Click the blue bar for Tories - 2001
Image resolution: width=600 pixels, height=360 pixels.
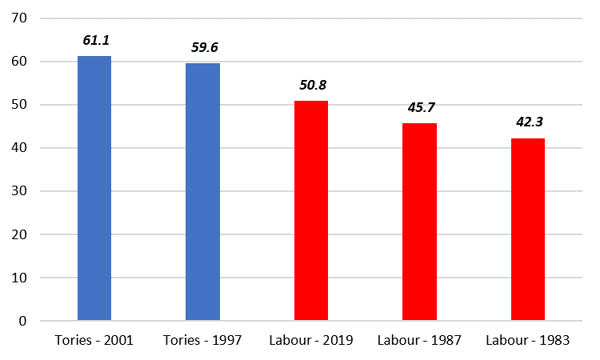coord(94,189)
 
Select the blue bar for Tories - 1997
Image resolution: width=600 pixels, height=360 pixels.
coord(202,192)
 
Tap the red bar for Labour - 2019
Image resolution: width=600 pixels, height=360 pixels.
coord(311,211)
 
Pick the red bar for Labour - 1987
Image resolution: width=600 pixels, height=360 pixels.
coord(419,222)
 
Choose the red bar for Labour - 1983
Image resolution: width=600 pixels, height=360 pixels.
coord(528,230)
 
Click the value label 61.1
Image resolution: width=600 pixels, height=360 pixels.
coord(94,39)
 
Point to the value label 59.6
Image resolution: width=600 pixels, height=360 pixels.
coord(204,47)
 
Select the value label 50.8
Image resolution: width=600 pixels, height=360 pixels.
coord(312,84)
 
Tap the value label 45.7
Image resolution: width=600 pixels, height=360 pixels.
coord(420,106)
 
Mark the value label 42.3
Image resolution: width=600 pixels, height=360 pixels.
coord(529,122)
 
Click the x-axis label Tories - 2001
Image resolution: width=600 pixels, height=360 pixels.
coord(94,340)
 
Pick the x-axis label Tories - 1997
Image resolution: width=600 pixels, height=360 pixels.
coord(202,340)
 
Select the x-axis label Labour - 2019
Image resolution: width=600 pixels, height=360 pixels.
coord(311,340)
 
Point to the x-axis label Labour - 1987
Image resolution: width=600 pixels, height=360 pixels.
coord(419,340)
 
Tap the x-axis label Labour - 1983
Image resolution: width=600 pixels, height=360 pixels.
coord(528,340)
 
